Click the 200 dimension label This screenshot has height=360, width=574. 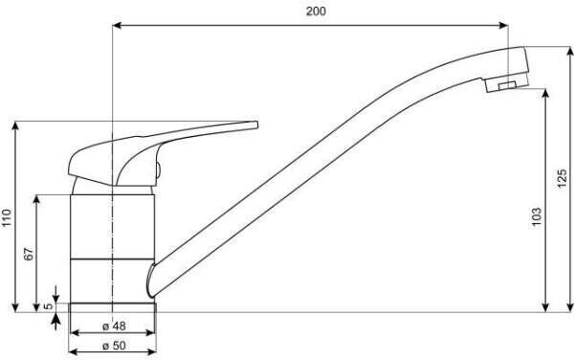tap(316, 11)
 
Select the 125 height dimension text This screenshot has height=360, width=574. tap(563, 178)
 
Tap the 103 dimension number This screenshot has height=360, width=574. tap(536, 216)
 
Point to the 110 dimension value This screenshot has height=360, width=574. tap(7, 218)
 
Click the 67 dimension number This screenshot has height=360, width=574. tap(29, 254)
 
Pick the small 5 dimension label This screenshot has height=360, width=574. tap(49, 306)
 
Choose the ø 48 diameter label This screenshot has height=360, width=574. tap(114, 326)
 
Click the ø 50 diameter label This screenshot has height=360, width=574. tap(114, 345)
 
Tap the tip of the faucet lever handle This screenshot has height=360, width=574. tap(257, 125)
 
